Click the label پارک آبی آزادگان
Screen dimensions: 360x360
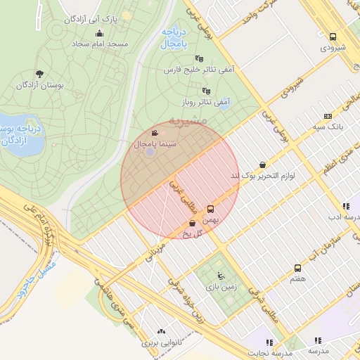tap(89, 18)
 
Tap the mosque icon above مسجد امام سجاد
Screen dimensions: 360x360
tap(99, 33)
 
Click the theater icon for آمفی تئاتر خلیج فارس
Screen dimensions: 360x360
tap(199, 59)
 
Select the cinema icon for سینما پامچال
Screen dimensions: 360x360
tap(155, 133)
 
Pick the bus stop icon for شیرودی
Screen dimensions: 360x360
tap(333, 37)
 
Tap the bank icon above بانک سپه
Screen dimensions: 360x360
tap(328, 116)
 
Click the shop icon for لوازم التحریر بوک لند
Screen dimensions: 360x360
tap(262, 165)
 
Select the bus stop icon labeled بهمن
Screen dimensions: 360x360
tap(210, 210)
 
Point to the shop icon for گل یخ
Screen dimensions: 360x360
tap(193, 224)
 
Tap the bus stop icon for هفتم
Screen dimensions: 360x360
tap(298, 268)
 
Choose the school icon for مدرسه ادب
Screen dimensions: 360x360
tap(345, 206)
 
